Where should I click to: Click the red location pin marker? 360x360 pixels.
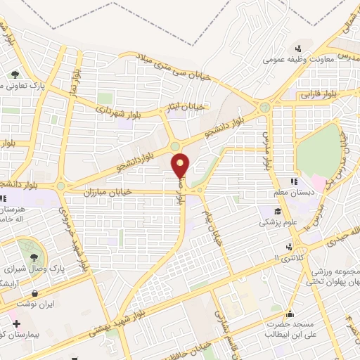tap(181, 165)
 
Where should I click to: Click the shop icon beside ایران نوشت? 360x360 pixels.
tap(34, 292)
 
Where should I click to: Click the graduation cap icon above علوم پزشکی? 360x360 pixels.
tap(278, 211)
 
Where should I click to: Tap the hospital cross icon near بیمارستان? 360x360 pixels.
tap(15, 323)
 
